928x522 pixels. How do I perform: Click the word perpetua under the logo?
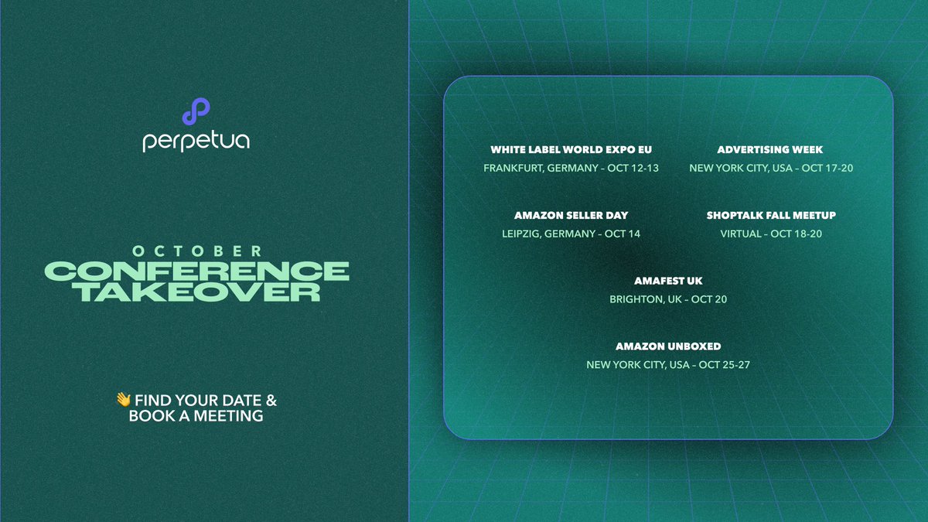196,142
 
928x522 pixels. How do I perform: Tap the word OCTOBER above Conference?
196,251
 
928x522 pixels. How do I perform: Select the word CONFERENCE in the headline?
197,271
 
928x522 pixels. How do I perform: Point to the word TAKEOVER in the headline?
197,292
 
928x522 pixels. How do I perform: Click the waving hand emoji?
123,400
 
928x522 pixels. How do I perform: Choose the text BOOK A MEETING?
196,416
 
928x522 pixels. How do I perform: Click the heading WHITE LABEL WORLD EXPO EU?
571,150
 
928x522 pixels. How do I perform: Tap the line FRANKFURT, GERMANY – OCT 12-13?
571,168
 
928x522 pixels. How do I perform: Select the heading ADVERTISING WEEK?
770,150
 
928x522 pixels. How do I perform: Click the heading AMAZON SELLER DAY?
571,216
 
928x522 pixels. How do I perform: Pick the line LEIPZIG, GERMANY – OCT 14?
571,234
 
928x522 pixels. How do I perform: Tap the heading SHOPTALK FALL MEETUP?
771,216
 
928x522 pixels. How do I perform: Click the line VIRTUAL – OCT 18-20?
771,234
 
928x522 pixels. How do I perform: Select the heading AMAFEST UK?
668,281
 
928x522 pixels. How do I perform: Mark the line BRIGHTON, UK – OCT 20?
668,299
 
